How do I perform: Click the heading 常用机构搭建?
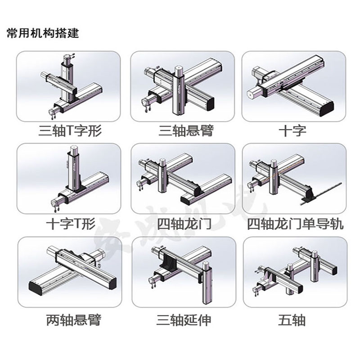[43, 34]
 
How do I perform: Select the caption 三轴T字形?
[70, 131]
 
